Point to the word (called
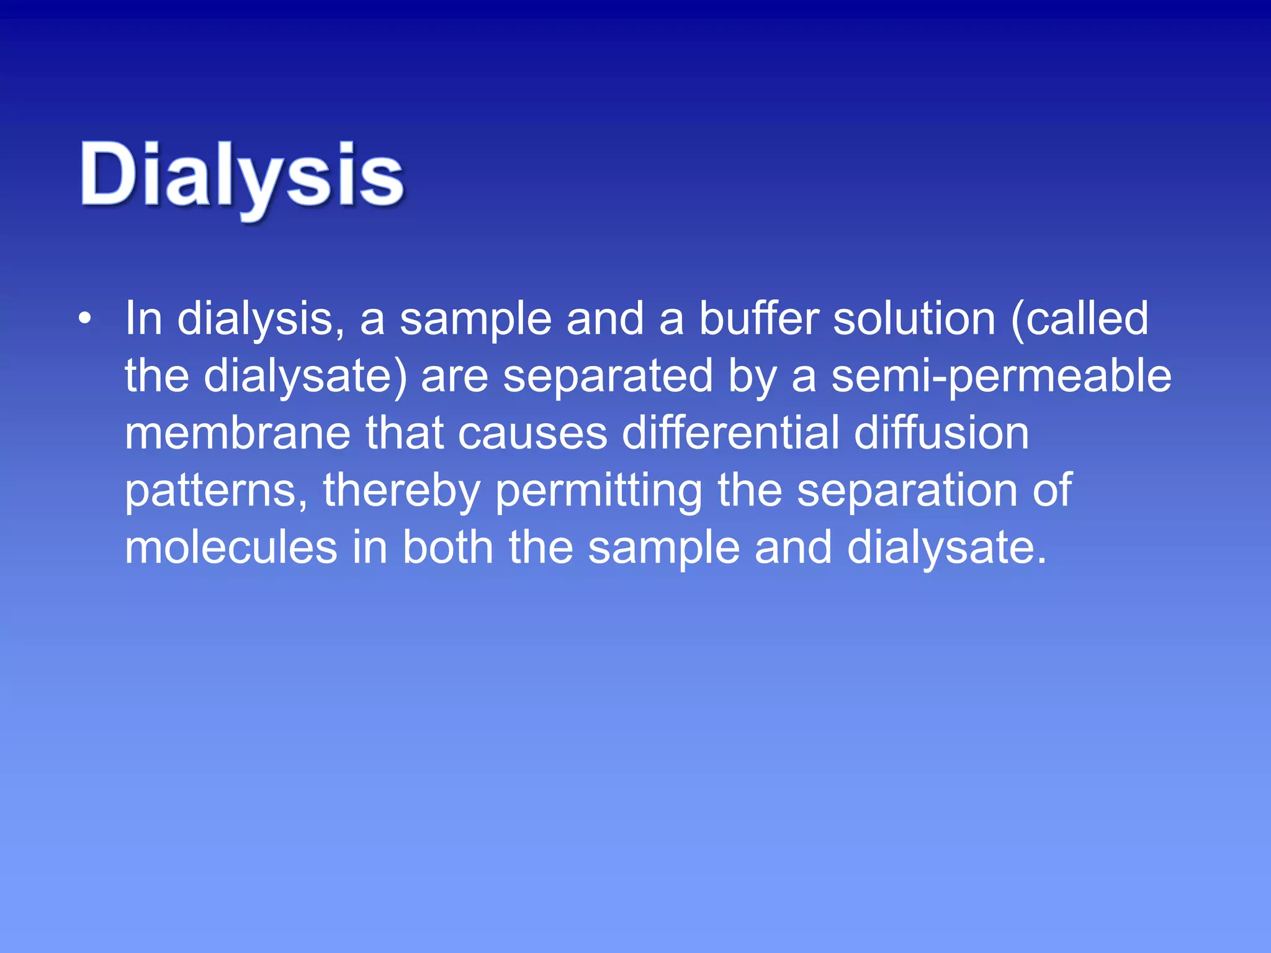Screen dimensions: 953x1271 pyautogui.click(x=1080, y=319)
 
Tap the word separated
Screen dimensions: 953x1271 pyautogui.click(x=608, y=377)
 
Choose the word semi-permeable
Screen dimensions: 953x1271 pyautogui.click(x=1001, y=377)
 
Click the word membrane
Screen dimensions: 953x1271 pyautogui.click(x=238, y=433)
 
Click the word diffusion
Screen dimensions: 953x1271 pyautogui.click(x=941, y=433)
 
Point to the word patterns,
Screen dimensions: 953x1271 pyautogui.click(x=217, y=491)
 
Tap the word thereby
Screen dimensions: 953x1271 pyautogui.click(x=402, y=491)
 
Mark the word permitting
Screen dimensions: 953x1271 pyautogui.click(x=599, y=491)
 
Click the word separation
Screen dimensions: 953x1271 pyautogui.click(x=907, y=491)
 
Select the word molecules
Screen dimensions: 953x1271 pyautogui.click(x=231, y=548)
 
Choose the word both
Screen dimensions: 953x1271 pyautogui.click(x=447, y=548)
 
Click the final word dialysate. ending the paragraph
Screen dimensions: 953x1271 pyautogui.click(x=947, y=548)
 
